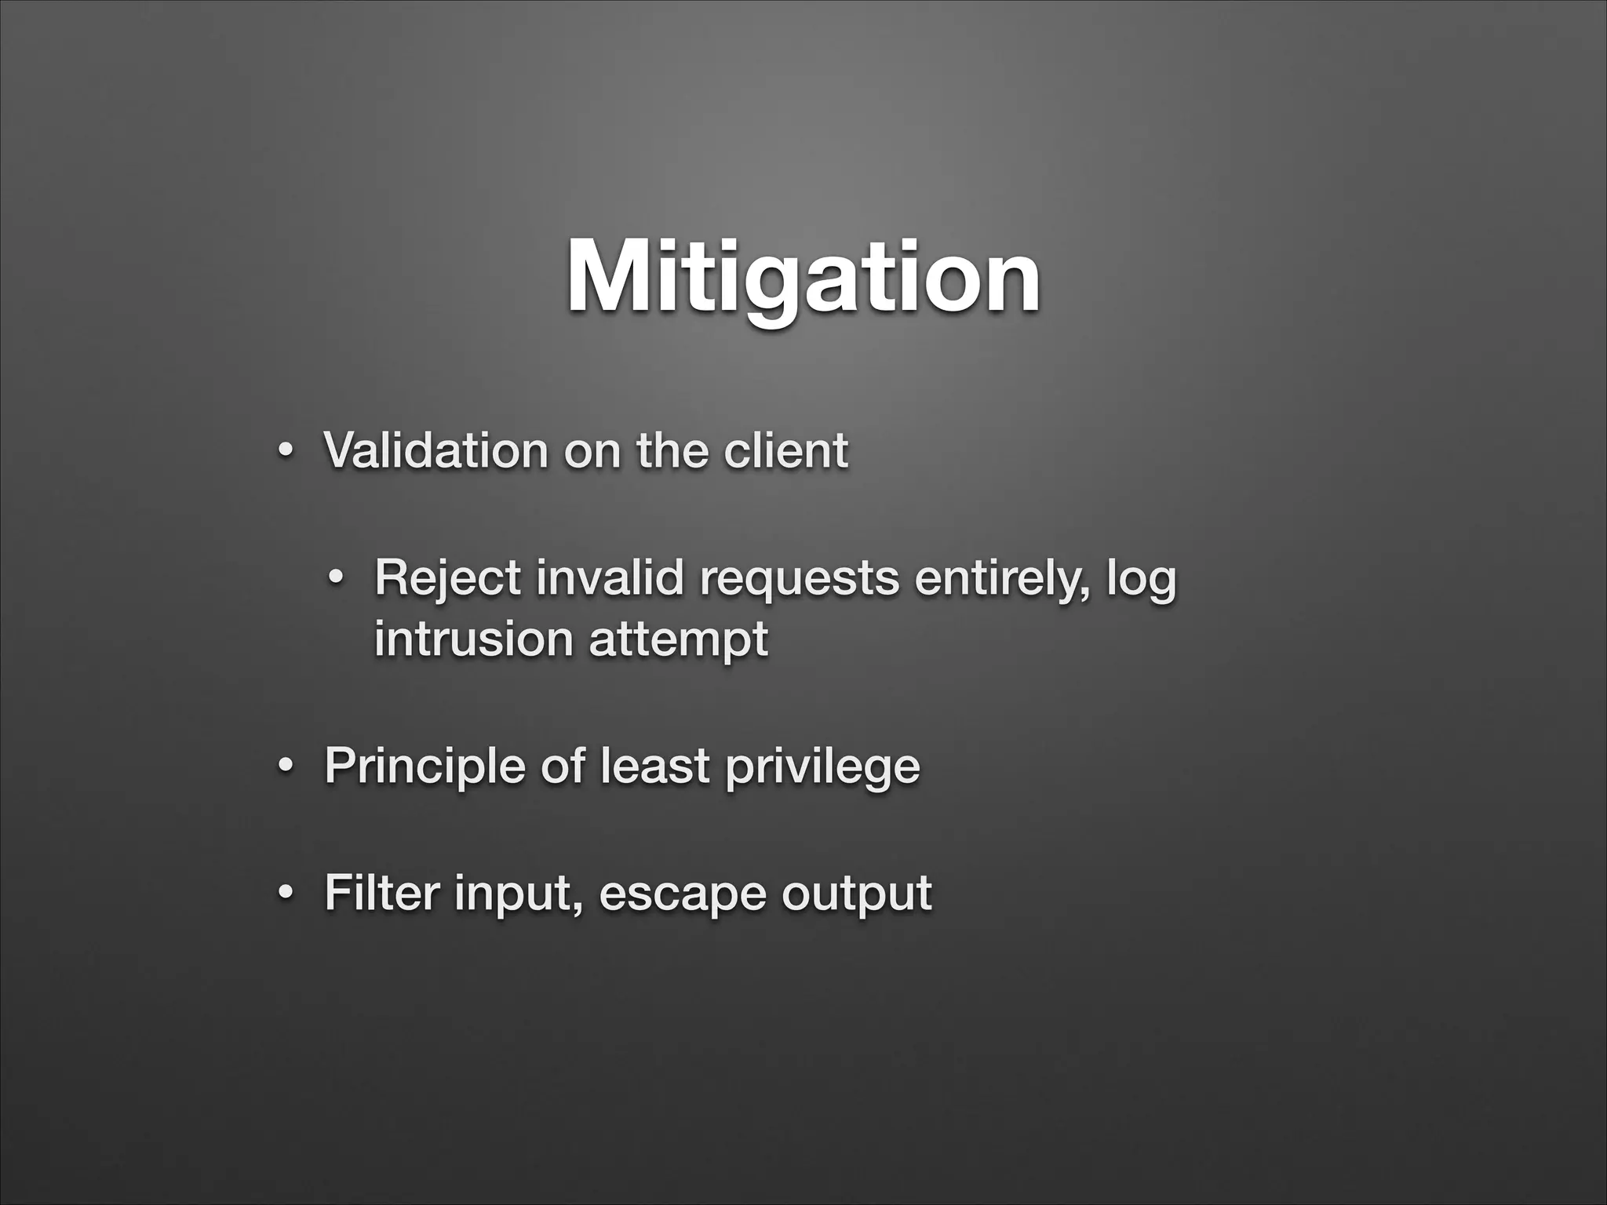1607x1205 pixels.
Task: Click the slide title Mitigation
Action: click(x=803, y=278)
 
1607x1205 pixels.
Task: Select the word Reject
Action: click(x=448, y=578)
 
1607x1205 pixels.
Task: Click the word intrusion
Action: click(x=473, y=639)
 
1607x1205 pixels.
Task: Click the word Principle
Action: click(x=425, y=766)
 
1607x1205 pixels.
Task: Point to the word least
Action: click(x=654, y=766)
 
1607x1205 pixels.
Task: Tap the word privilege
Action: click(x=822, y=767)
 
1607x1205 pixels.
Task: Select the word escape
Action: click(x=682, y=894)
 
